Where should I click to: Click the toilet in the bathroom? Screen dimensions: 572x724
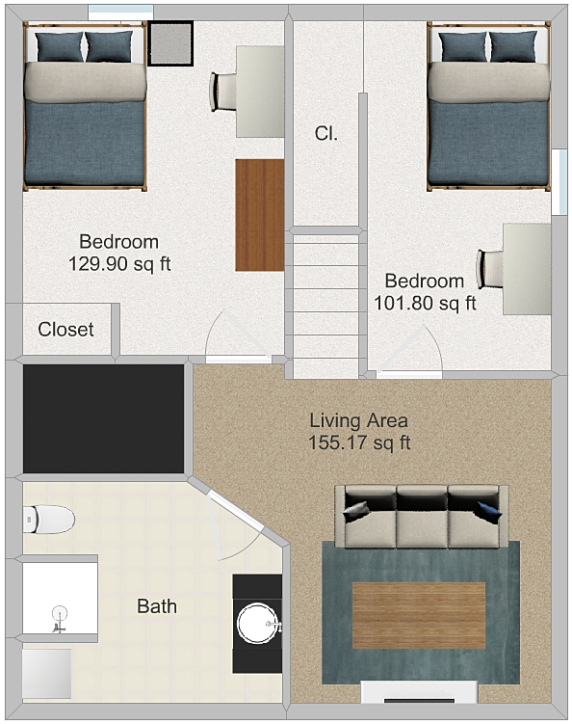48,519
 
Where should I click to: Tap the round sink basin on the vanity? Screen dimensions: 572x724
258,624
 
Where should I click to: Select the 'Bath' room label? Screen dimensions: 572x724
157,606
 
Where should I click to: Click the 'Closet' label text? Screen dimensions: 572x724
65,329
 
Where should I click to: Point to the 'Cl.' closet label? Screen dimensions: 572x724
326,133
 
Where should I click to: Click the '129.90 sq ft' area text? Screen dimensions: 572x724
119,264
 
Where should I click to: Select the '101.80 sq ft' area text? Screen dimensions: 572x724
425,304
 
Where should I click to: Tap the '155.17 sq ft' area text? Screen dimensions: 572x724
359,442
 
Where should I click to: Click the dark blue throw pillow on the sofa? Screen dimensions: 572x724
489,512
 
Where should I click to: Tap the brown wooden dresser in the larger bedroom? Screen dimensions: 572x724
260,215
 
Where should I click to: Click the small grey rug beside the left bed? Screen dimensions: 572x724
170,43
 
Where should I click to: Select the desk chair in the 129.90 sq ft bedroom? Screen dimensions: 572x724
223,92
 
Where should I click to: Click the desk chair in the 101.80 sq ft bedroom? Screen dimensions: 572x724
490,269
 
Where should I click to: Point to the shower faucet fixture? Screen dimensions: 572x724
60,620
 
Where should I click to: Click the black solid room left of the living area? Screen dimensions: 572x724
104,418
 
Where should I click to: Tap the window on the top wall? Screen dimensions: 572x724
120,12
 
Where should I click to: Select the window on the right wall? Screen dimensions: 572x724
559,181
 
